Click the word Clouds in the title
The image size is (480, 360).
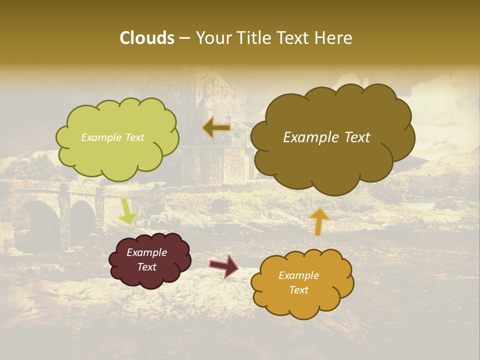pos(146,38)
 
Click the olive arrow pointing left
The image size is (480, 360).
pos(216,128)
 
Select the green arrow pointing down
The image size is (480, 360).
pos(128,211)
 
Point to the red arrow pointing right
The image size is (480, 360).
pos(224,265)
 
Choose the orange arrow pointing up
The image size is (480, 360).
pos(319,221)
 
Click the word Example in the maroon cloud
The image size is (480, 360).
pos(146,252)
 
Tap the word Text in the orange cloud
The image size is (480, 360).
pos(298,290)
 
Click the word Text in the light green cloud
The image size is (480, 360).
pos(133,137)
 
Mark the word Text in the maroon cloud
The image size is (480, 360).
pos(146,267)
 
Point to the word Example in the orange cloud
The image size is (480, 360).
pos(298,275)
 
